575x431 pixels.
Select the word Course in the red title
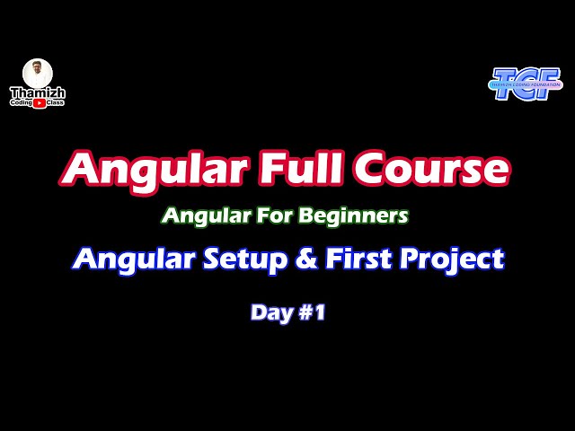pos(431,168)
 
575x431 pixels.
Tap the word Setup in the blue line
pos(248,259)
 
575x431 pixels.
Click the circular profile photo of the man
pos(38,73)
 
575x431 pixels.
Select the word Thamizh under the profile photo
pos(38,92)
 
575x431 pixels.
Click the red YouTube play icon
pos(39,103)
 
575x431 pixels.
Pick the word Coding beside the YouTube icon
pos(21,103)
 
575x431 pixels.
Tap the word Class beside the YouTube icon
pos(56,103)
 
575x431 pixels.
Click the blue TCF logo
pos(525,84)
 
